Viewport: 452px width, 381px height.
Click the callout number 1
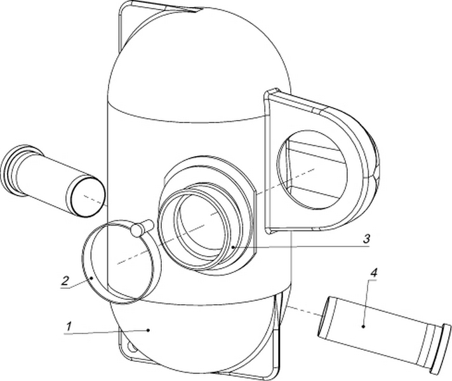pyautogui.click(x=69, y=327)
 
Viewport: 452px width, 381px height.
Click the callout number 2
pyautogui.click(x=66, y=280)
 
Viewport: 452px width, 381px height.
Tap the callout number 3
pyautogui.click(x=366, y=239)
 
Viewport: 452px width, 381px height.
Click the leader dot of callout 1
pyautogui.click(x=148, y=330)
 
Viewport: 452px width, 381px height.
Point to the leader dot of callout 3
pyautogui.click(x=233, y=247)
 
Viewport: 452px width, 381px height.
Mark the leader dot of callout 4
pyautogui.click(x=363, y=326)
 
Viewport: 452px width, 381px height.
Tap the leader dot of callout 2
pyautogui.click(x=91, y=278)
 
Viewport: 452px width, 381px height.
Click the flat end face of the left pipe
pyautogui.click(x=88, y=197)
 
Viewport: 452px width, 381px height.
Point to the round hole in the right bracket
pyautogui.click(x=312, y=170)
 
